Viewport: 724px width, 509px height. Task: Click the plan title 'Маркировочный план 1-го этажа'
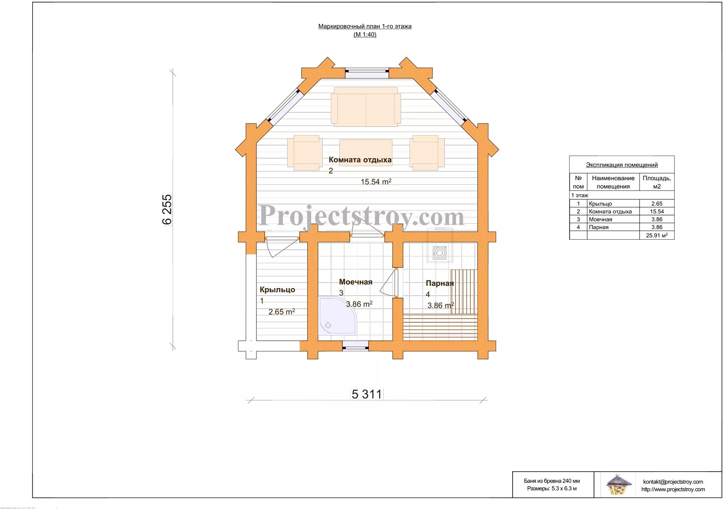pos(365,26)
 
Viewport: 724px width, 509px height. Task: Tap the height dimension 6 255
pos(167,209)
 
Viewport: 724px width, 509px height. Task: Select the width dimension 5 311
pos(367,394)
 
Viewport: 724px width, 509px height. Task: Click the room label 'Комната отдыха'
pos(360,159)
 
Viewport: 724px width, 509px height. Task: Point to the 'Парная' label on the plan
pos(440,283)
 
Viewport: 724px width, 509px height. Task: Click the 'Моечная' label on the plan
pos(356,282)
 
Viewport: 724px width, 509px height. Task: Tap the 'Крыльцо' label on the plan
pos(277,290)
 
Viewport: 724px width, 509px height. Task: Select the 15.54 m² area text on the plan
pos(376,182)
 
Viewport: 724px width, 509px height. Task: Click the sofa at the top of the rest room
pos(366,106)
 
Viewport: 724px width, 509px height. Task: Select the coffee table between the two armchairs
pos(366,153)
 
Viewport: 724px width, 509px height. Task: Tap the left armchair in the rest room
pos(304,153)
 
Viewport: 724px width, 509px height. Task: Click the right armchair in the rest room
pos(427,153)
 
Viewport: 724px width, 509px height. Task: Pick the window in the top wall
pos(367,73)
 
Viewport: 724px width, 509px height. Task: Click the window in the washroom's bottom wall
pos(355,346)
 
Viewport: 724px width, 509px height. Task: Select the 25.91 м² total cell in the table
pos(657,235)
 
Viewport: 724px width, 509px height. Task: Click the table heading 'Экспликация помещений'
pos(622,165)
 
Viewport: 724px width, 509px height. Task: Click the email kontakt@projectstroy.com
pos(673,481)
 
